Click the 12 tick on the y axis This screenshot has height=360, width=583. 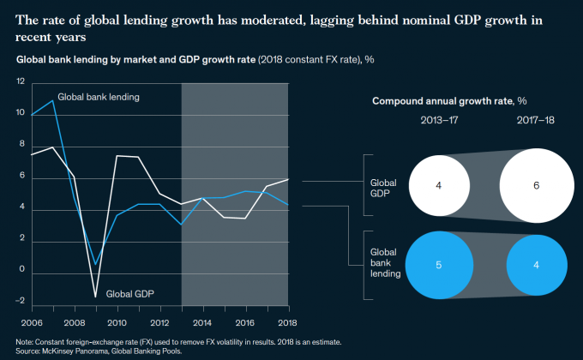20,81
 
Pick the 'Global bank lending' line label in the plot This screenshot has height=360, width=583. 99,98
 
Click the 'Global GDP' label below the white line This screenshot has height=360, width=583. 131,293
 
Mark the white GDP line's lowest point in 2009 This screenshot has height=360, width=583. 94,297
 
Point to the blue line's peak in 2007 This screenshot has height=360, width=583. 52,101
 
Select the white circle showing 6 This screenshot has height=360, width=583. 537,184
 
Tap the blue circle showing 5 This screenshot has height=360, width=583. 439,266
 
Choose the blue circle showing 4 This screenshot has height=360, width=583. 537,266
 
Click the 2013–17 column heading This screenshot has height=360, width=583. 439,120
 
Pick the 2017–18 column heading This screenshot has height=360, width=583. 537,120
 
